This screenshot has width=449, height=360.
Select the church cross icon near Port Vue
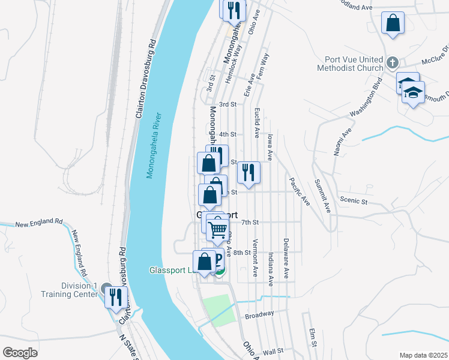pos(392,62)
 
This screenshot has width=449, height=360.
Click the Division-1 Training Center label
pos(68,290)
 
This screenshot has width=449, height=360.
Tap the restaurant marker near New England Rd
pos(116,296)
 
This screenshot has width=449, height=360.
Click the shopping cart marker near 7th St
pos(217,229)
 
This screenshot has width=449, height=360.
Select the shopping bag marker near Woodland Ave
pos(393,24)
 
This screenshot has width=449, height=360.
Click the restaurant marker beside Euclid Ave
pos(247,173)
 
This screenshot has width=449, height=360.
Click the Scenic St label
pos(352,201)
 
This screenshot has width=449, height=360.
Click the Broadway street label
pos(259,314)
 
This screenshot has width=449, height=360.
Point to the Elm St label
pos(313,337)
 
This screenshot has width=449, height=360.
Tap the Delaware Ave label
pos(286,251)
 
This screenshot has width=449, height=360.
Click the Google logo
pos(20,353)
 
